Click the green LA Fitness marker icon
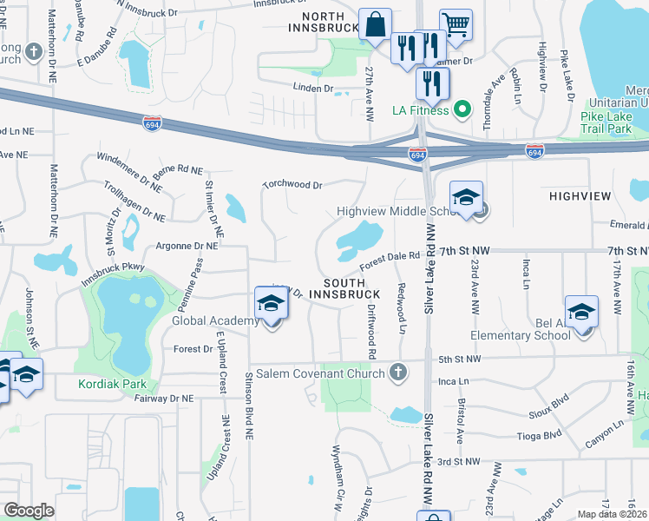click(462, 109)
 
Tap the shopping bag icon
click(375, 25)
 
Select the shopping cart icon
click(455, 24)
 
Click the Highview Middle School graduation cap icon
click(466, 196)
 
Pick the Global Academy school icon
click(271, 303)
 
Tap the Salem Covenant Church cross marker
click(398, 373)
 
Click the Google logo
click(29, 510)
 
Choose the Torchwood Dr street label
click(293, 185)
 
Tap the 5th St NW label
click(459, 358)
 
